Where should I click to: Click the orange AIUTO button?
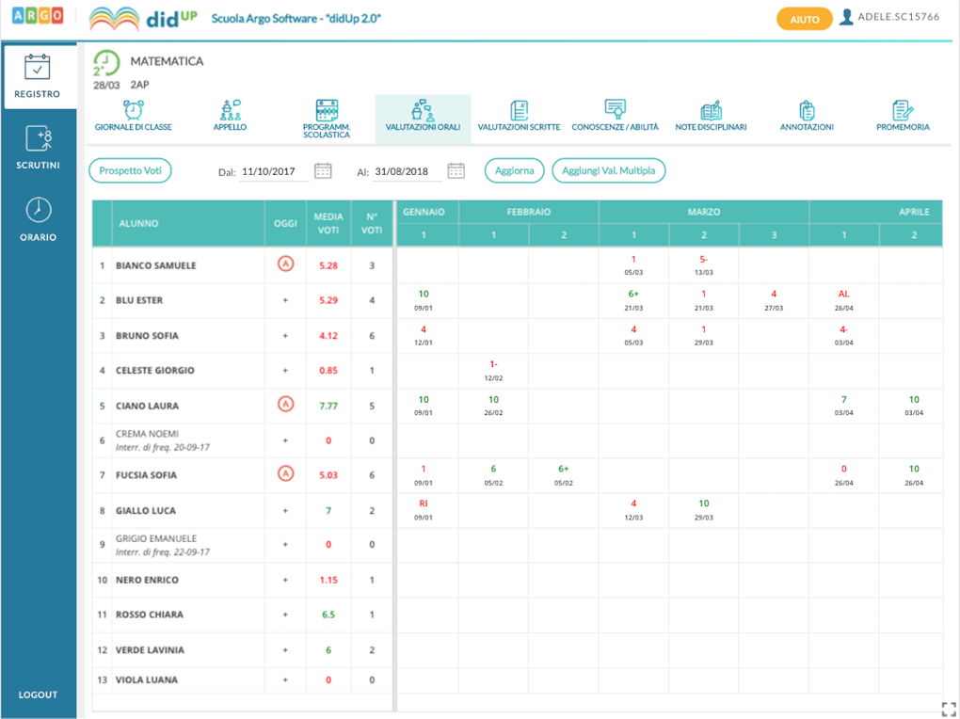(x=804, y=19)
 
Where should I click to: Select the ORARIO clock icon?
(x=38, y=209)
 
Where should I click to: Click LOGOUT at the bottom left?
(x=38, y=695)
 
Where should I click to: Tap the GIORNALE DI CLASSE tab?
(x=134, y=116)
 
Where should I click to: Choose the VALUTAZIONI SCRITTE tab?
(x=519, y=116)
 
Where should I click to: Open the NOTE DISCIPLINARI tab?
(x=711, y=116)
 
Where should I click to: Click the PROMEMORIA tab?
(x=903, y=116)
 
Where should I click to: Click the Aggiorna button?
(x=515, y=170)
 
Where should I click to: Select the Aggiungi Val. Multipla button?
(x=609, y=170)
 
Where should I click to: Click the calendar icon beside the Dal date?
(x=323, y=170)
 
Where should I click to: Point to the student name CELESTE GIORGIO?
(x=154, y=371)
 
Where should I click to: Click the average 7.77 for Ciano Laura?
(x=328, y=406)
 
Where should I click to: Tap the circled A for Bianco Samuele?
(x=285, y=264)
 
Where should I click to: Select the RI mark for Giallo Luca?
(x=424, y=503)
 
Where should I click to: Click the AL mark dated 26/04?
(x=843, y=295)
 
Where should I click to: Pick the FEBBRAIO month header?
(x=528, y=213)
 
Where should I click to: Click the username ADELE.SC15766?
(x=898, y=17)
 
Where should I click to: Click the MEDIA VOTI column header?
(x=328, y=223)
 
